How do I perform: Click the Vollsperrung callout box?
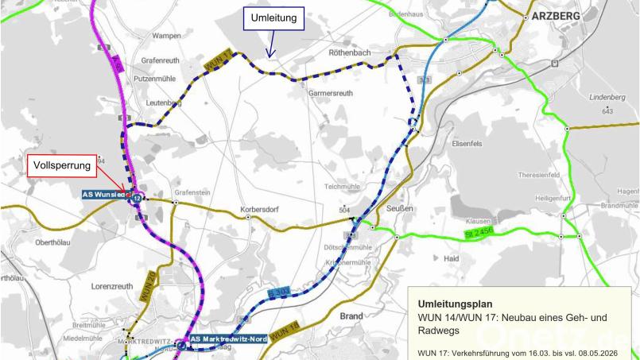(x=64, y=165)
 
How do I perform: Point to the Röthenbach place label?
(x=351, y=52)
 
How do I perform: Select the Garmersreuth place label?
(x=335, y=92)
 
